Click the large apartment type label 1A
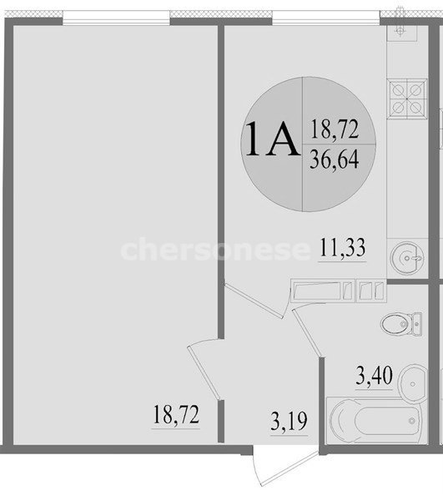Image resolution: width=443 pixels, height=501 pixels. click(272, 139)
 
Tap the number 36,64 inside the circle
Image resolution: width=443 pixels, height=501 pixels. click(335, 159)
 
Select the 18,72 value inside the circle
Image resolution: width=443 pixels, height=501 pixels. click(335, 129)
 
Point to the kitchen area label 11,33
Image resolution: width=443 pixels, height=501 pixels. click(342, 247)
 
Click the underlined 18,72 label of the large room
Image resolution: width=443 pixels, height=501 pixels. click(176, 414)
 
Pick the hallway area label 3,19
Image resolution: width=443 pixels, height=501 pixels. click(289, 421)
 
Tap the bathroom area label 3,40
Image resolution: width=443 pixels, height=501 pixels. click(374, 376)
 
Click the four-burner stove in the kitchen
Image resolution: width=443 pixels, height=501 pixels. click(407, 99)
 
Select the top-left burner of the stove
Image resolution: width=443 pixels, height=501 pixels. click(398, 90)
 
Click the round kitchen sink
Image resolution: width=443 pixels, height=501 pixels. click(407, 257)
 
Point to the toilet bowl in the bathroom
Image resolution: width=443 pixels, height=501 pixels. click(395, 324)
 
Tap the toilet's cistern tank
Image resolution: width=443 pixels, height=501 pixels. click(417, 324)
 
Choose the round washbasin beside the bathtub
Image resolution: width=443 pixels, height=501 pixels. click(413, 383)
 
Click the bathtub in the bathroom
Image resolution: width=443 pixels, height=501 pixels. click(375, 421)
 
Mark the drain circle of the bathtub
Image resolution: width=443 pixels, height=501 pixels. click(412, 421)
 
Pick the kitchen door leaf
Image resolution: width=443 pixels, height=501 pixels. click(254, 301)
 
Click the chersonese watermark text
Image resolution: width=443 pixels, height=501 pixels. click(215, 249)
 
